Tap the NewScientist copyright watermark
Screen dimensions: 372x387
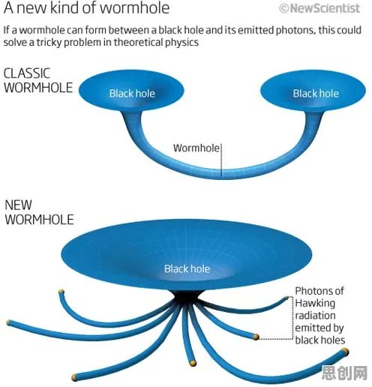319,8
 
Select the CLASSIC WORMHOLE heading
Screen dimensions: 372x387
38,80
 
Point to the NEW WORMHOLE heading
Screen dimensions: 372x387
39,212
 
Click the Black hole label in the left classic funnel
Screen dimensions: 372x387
132,94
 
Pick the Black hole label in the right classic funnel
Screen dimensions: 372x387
316,94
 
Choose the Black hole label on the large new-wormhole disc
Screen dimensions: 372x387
187,268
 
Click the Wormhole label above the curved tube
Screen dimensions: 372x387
196,148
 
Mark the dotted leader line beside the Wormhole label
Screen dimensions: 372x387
221,160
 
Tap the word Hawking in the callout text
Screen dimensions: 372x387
315,304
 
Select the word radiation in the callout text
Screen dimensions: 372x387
315,316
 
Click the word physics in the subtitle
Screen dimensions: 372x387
181,42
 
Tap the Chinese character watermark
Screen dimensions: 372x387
344,373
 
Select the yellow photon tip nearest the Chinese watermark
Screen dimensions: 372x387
345,352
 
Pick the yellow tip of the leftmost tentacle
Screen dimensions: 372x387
9,322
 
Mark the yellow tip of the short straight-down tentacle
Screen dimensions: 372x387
192,363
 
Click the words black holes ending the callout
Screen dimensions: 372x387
320,340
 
